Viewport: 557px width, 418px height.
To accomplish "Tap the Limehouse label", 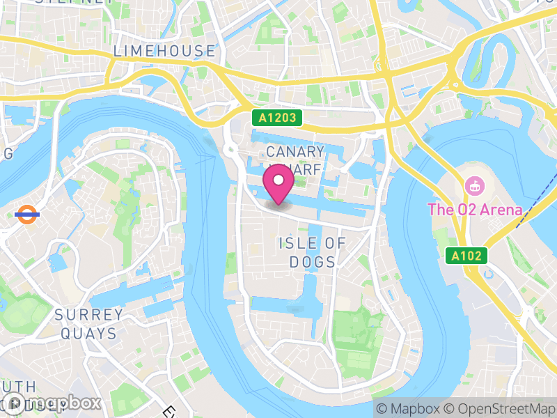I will click(164, 51).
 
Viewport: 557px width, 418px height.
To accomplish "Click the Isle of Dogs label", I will click(312, 252).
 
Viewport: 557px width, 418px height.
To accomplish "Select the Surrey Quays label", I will click(89, 324).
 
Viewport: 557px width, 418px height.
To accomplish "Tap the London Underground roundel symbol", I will click(26, 214).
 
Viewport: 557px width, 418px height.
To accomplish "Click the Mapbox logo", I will click(52, 403).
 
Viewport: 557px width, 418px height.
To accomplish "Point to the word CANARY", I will click(295, 152).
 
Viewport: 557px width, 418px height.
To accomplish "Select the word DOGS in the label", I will click(315, 262).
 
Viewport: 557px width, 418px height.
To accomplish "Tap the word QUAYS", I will click(88, 334).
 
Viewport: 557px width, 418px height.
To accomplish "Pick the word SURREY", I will click(89, 314).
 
